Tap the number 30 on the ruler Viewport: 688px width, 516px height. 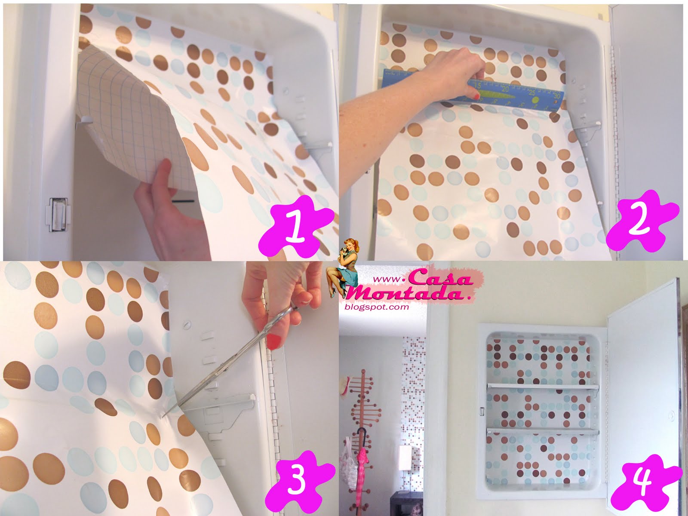pos(556,95)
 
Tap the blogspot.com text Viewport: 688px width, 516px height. pos(377,307)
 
